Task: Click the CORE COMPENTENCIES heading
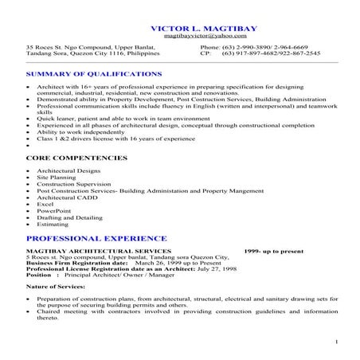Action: (x=76, y=158)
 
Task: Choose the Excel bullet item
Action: (x=45, y=203)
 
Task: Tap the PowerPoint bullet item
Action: (x=51, y=210)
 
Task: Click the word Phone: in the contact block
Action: (x=209, y=47)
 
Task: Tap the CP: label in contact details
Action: (x=205, y=53)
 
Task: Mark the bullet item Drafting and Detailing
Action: (x=65, y=217)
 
